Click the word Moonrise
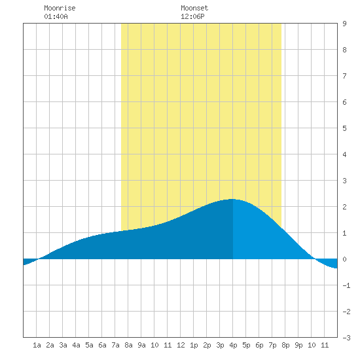point(60,8)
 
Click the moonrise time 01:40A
point(56,16)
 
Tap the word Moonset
point(194,8)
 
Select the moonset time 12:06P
point(192,16)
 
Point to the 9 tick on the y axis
point(344,24)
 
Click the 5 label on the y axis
point(344,128)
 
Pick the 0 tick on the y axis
point(344,259)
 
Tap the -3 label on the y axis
point(346,338)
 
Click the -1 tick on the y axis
point(346,285)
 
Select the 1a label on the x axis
point(37,345)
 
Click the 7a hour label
point(115,345)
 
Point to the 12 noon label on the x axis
point(181,345)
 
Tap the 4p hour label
point(233,345)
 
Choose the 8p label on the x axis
point(285,345)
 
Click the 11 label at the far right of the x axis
point(325,345)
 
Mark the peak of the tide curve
point(232,199)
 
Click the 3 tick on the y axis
point(344,181)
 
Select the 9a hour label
point(141,345)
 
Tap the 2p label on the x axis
point(207,345)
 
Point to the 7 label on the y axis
point(344,76)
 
